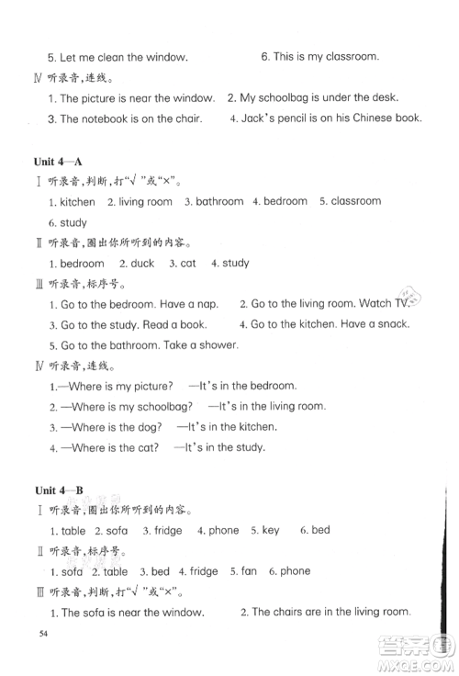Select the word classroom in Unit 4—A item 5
point(355,201)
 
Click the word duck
point(142,264)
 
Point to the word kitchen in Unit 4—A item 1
point(77,202)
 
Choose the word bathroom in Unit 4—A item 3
point(219,201)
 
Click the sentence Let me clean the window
point(118,57)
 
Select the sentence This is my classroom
point(319,57)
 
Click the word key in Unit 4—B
point(270,531)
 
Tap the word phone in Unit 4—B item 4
point(223,531)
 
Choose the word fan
point(249,571)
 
